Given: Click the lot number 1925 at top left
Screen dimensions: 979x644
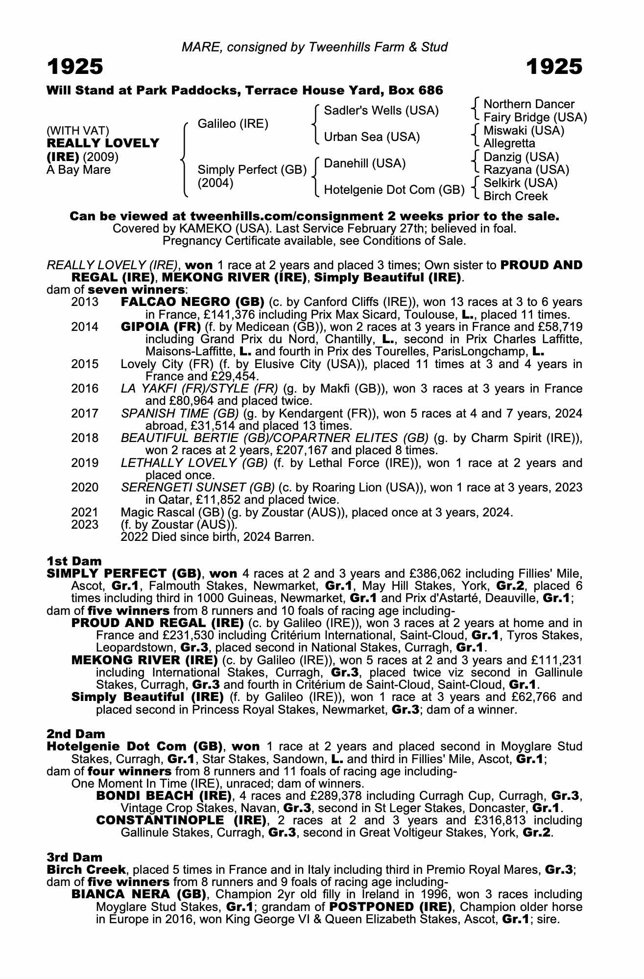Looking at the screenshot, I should point(75,67).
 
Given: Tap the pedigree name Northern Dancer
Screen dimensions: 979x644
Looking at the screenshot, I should point(528,104).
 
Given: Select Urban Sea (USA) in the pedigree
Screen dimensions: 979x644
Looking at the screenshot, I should point(372,137).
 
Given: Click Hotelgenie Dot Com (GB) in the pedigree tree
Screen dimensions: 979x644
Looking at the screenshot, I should point(394,190).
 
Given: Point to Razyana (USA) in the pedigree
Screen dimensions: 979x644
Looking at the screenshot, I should point(526,170).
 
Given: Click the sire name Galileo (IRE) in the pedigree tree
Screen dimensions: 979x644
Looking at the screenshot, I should point(233,124).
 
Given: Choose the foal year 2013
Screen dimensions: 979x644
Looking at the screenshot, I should point(85,302).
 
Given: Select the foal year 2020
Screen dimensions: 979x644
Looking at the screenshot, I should point(85,488).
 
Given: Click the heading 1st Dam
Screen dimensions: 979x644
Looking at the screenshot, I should point(74,561).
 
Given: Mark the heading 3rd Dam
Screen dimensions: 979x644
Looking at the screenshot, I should point(74,857).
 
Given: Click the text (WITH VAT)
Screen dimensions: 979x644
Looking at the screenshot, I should point(78,131).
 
